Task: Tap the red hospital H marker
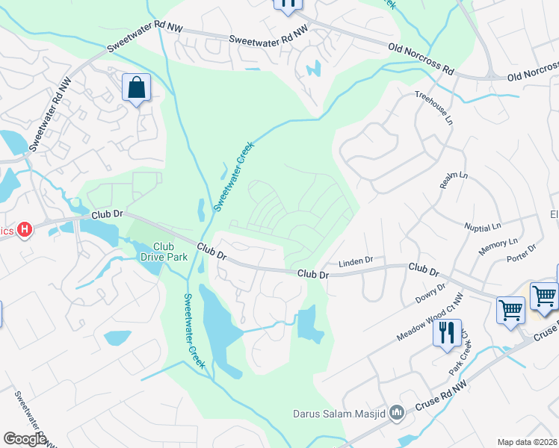point(24,229)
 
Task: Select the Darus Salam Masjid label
point(341,413)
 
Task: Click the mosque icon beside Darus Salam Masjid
point(398,412)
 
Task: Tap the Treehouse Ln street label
point(433,108)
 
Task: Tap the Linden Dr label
point(355,262)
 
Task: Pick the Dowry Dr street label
point(430,293)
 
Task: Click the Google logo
point(25,439)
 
